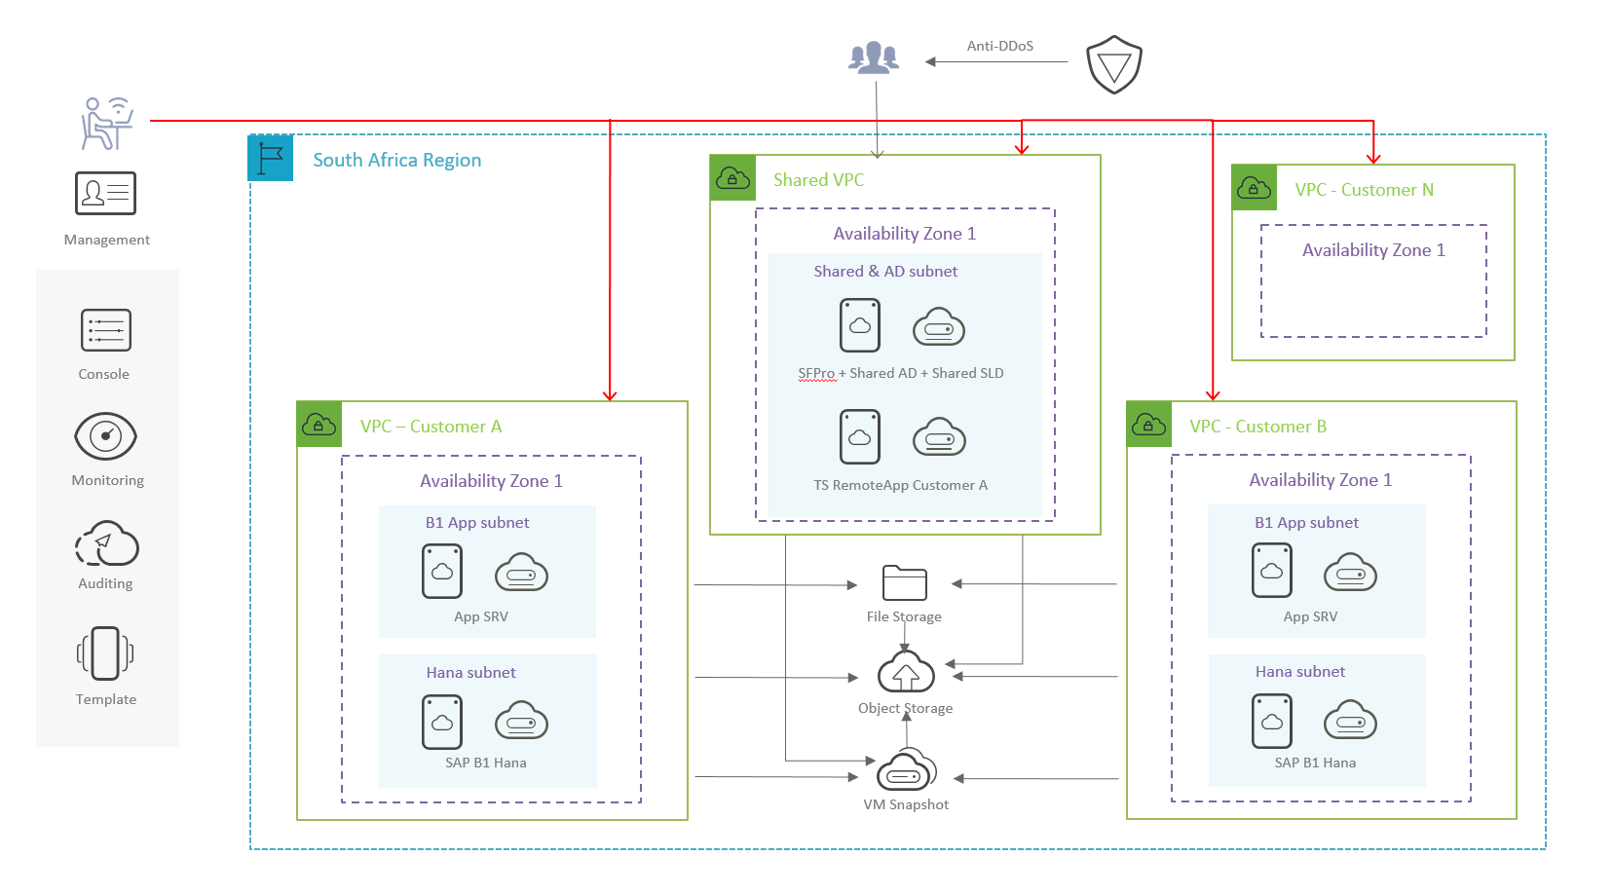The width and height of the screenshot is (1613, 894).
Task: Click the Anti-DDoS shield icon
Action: click(1113, 64)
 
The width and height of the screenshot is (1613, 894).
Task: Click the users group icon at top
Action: click(874, 58)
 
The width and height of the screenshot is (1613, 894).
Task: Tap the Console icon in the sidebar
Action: click(105, 330)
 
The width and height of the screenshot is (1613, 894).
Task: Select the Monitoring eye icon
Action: click(105, 435)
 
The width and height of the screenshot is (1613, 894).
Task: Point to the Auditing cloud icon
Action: click(106, 543)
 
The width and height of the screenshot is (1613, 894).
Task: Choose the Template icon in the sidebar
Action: click(105, 652)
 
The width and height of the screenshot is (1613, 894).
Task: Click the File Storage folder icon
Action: click(904, 582)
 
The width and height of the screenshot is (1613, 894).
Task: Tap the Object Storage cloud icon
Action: click(906, 673)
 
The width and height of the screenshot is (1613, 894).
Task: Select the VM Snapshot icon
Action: click(906, 771)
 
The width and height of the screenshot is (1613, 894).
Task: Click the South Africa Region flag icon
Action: click(271, 159)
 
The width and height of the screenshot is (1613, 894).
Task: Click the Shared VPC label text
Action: click(818, 180)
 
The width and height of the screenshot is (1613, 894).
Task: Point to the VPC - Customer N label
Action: click(1364, 190)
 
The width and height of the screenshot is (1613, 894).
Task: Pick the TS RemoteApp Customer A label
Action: click(900, 485)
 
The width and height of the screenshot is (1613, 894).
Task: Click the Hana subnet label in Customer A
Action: click(470, 672)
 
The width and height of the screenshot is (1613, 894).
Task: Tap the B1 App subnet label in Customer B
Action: click(1306, 522)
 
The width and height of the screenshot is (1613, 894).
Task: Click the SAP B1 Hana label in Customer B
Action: click(1315, 763)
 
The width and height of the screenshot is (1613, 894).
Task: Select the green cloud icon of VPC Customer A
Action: click(319, 425)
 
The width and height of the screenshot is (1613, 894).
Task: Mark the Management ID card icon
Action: click(105, 193)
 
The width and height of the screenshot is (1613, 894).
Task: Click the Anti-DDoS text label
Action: click(999, 46)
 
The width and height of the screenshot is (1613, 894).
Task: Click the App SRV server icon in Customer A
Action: click(441, 571)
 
